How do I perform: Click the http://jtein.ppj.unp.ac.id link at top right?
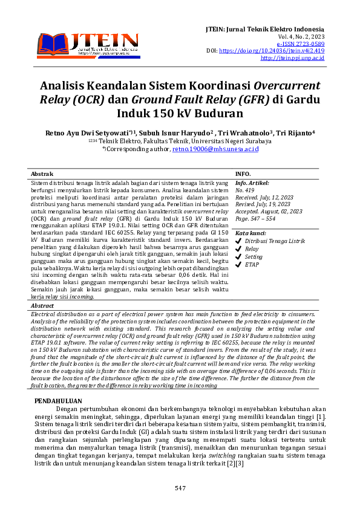coord(292,58)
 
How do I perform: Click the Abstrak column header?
coord(42,173)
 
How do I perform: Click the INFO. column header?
coord(243,173)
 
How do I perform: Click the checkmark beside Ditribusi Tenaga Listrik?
coord(238,241)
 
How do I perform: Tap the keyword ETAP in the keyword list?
coord(253,264)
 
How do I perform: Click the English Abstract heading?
coord(42,306)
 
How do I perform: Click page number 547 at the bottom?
coord(180,488)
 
